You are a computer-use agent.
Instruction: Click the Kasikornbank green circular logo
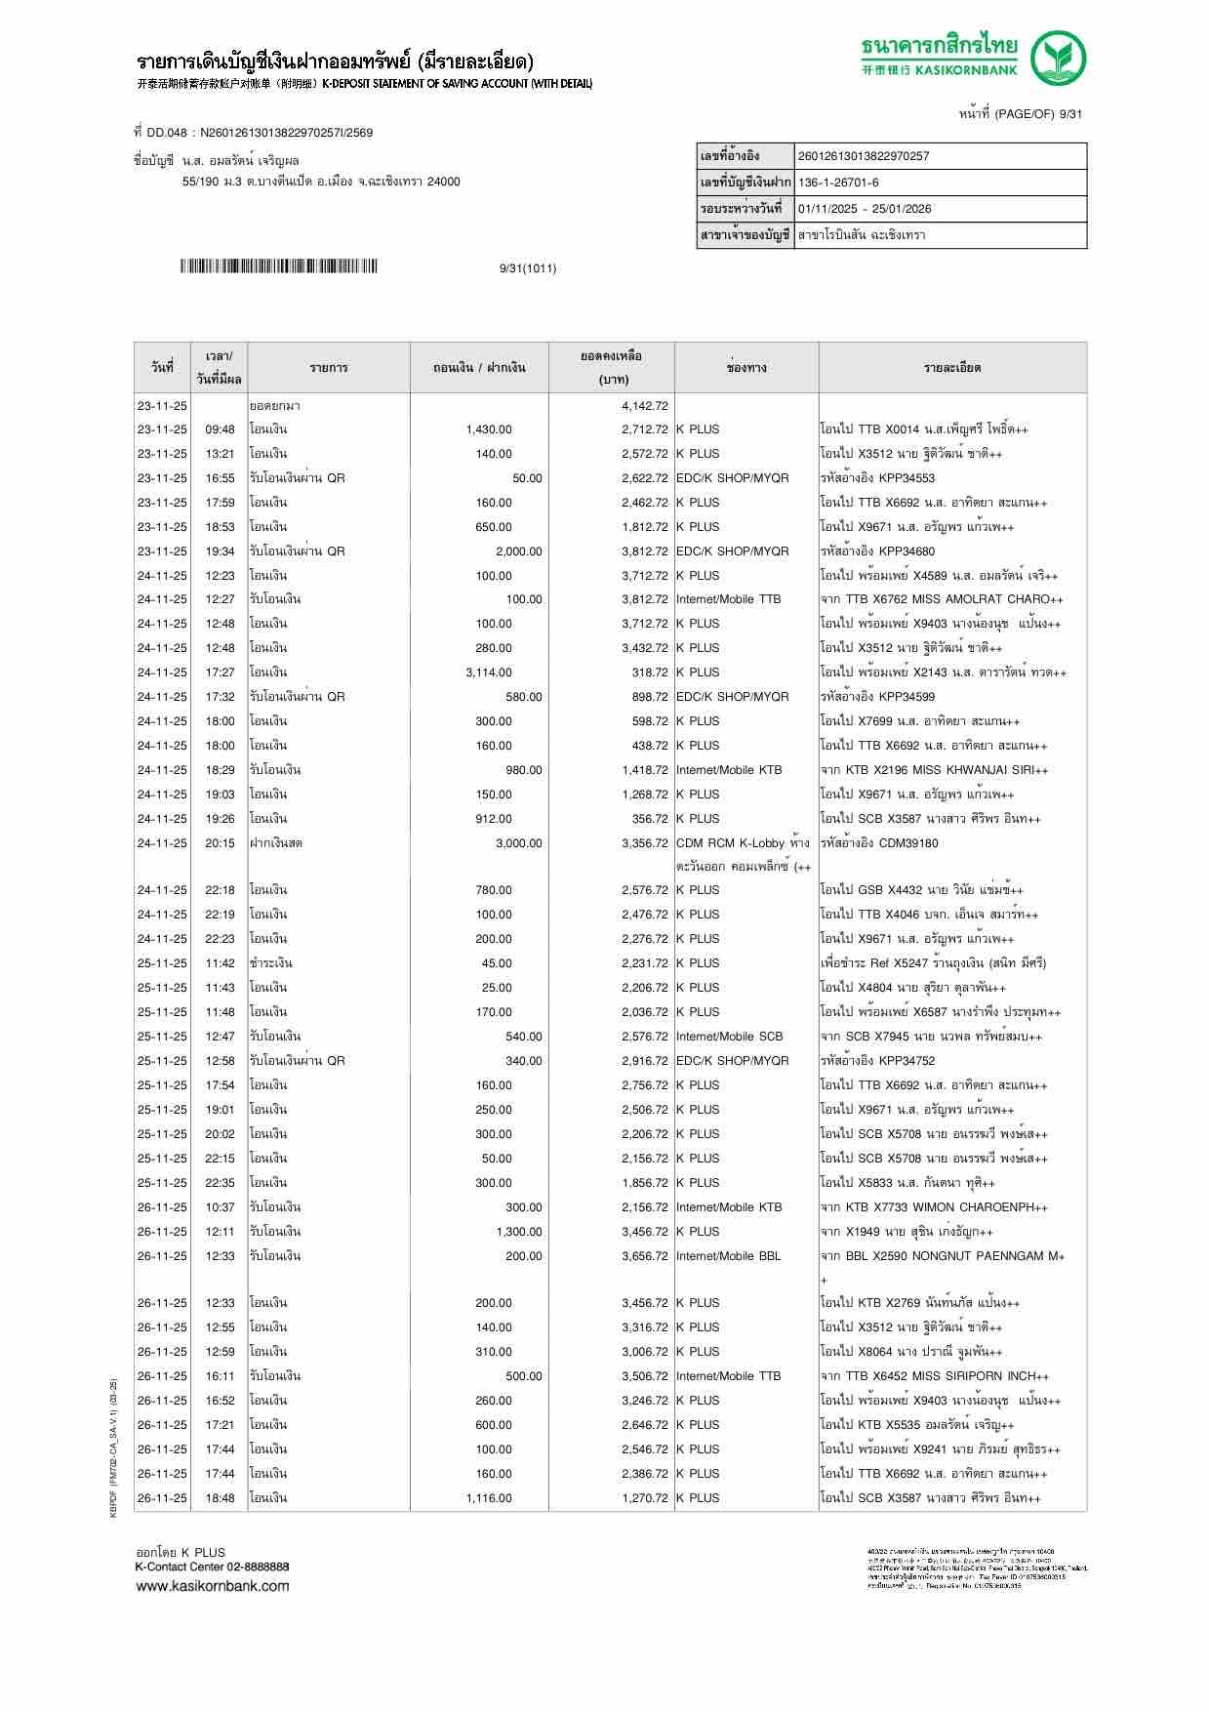click(x=1060, y=58)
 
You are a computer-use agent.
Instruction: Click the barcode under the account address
click(x=278, y=266)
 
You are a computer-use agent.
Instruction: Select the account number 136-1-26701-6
click(x=838, y=183)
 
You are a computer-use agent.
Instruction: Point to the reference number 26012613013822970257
click(x=864, y=156)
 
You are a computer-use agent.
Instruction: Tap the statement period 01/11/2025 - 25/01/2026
click(x=865, y=209)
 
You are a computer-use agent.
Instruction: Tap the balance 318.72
click(x=649, y=673)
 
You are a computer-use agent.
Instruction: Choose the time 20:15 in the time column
click(x=220, y=843)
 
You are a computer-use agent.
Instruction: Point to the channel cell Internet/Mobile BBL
click(x=728, y=1256)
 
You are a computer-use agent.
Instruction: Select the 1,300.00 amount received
click(x=518, y=1232)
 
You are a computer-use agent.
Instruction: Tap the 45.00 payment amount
click(x=497, y=963)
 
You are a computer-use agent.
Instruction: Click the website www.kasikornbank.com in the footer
click(x=212, y=1585)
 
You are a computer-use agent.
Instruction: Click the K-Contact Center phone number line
click(x=212, y=1567)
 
